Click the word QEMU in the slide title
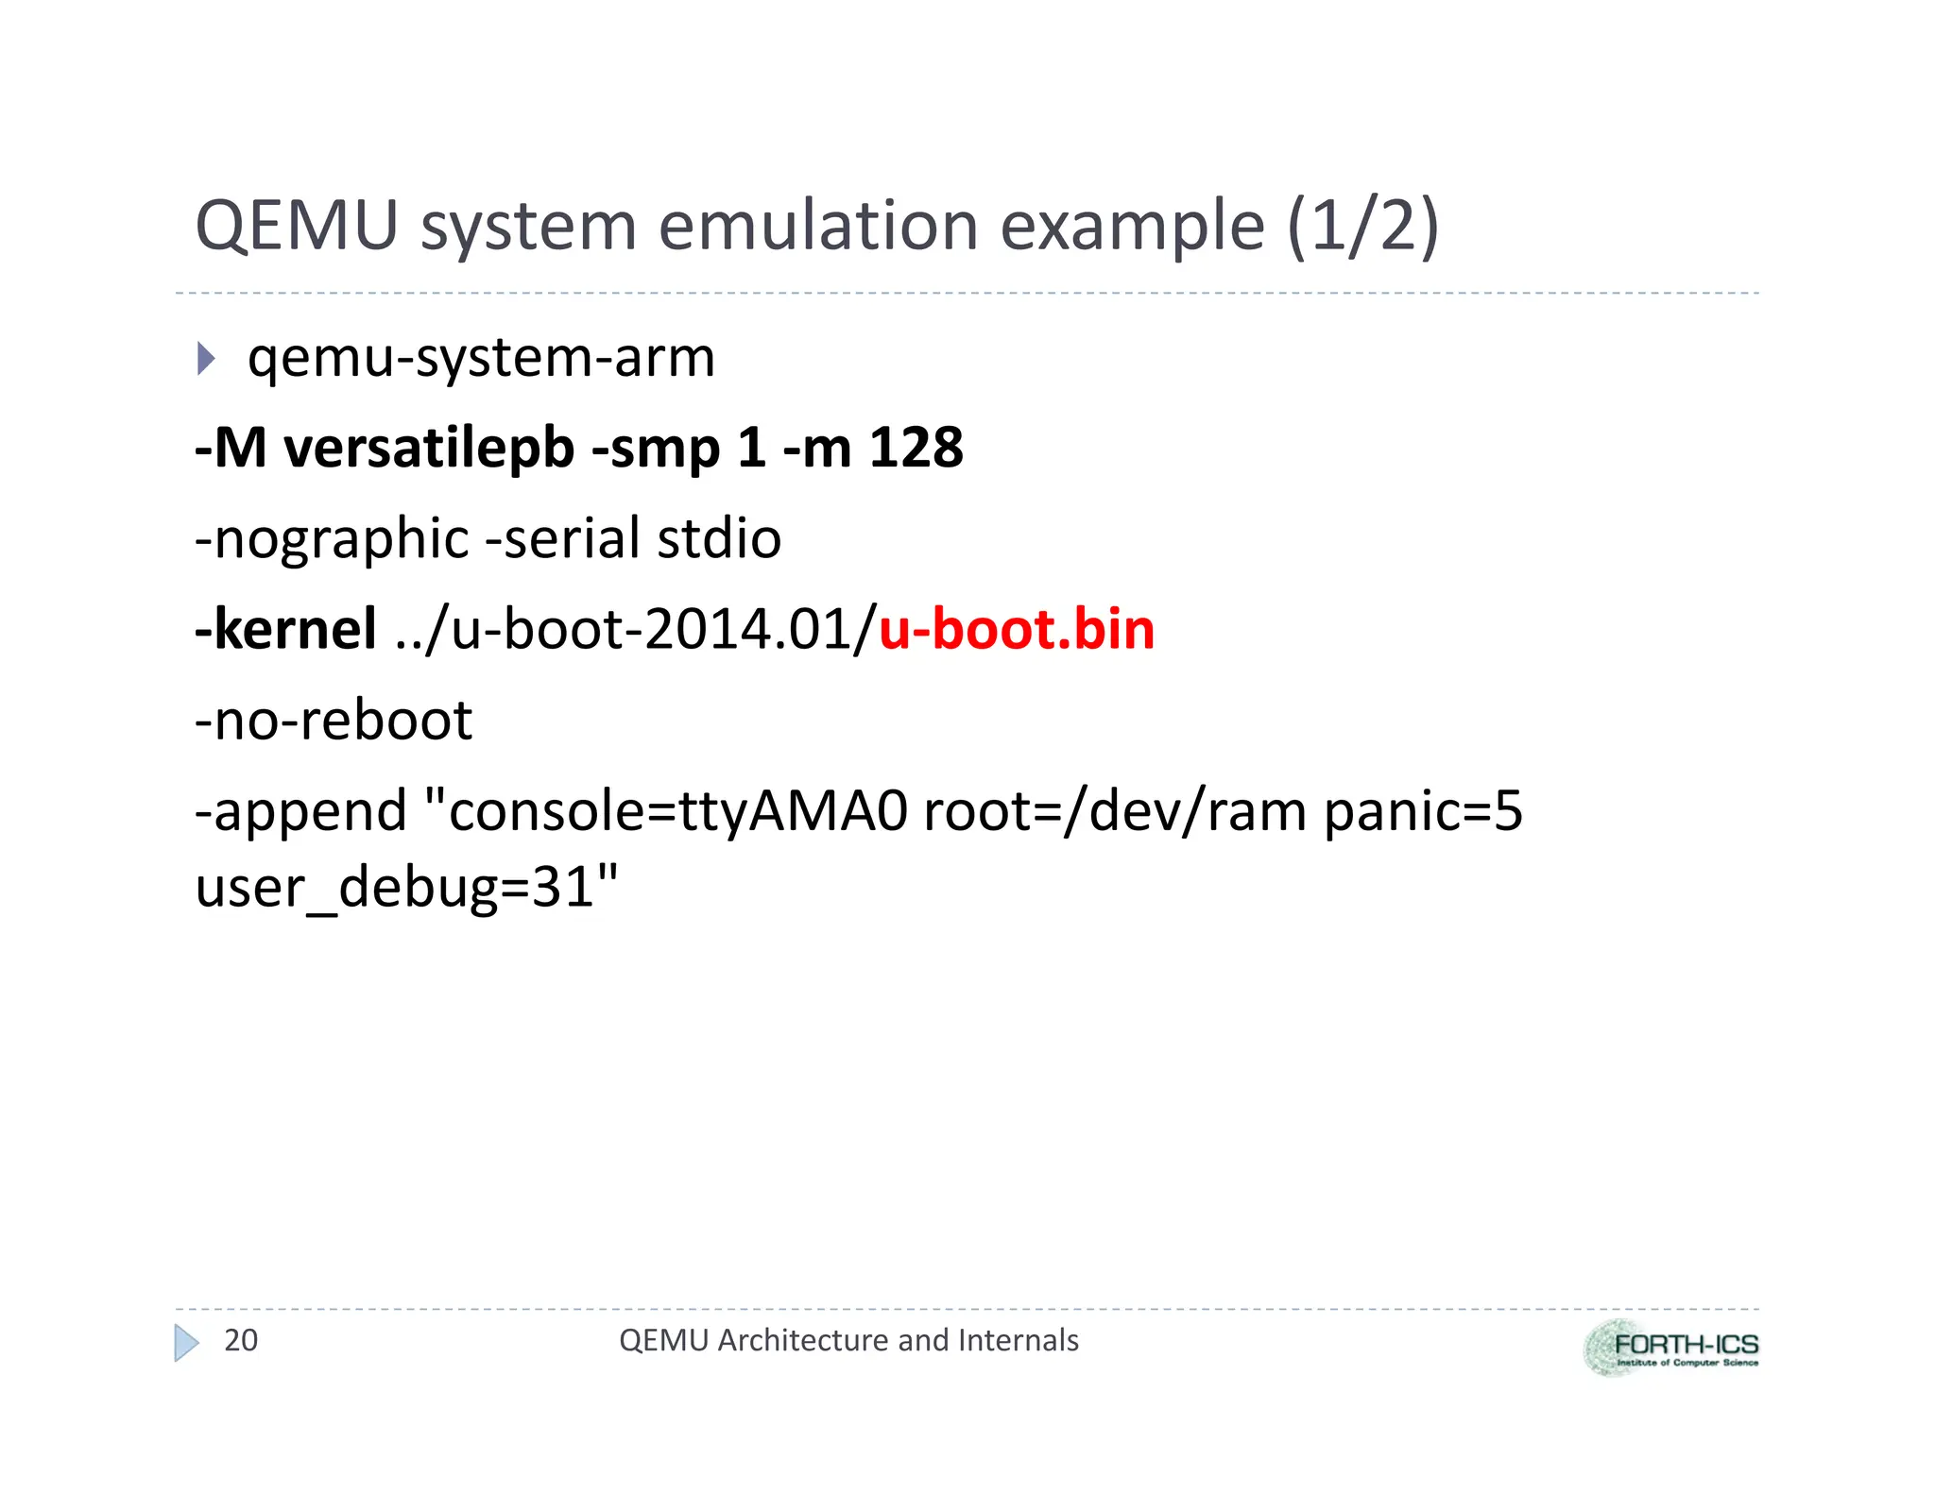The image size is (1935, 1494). pos(296,227)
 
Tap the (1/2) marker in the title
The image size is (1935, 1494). pos(1362,227)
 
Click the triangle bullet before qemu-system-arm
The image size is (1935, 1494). pos(206,359)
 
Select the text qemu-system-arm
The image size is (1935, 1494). pos(481,359)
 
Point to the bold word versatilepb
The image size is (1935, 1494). pos(429,448)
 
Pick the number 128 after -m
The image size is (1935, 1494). pos(916,448)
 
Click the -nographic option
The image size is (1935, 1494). pos(332,539)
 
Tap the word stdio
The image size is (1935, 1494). pos(719,539)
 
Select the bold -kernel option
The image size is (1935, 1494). pos(285,630)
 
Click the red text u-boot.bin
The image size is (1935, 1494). pos(1017,630)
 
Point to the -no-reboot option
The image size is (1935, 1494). pos(333,721)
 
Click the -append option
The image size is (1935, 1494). pos(300,812)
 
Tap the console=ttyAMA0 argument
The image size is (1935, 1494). pos(677,812)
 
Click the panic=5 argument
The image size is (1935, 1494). pos(1423,812)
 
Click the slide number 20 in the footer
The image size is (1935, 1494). pos(240,1340)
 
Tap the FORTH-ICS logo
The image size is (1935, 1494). pos(1670,1348)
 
